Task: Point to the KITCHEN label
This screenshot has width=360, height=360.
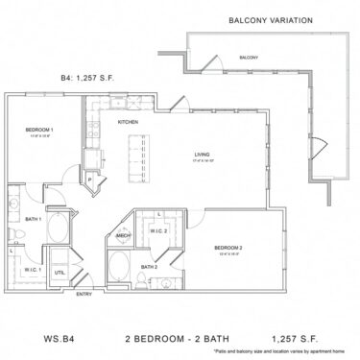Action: pos(129,123)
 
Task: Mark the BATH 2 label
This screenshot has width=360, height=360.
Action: pos(148,266)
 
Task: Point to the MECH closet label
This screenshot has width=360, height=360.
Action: pos(124,235)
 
